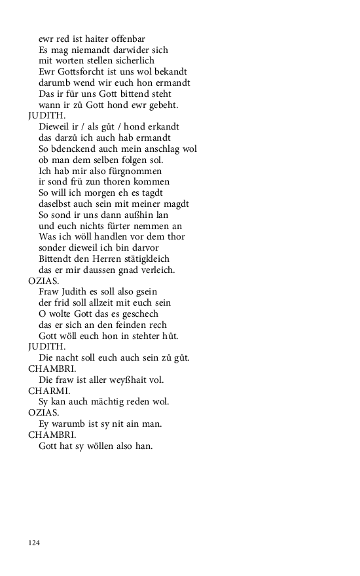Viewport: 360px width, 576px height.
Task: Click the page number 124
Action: pyautogui.click(x=34, y=543)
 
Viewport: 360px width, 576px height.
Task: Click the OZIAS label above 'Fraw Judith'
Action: pyautogui.click(x=43, y=280)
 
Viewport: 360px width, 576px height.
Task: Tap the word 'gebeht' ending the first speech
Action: pyautogui.click(x=161, y=105)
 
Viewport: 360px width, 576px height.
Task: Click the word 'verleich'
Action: pyautogui.click(x=156, y=270)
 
